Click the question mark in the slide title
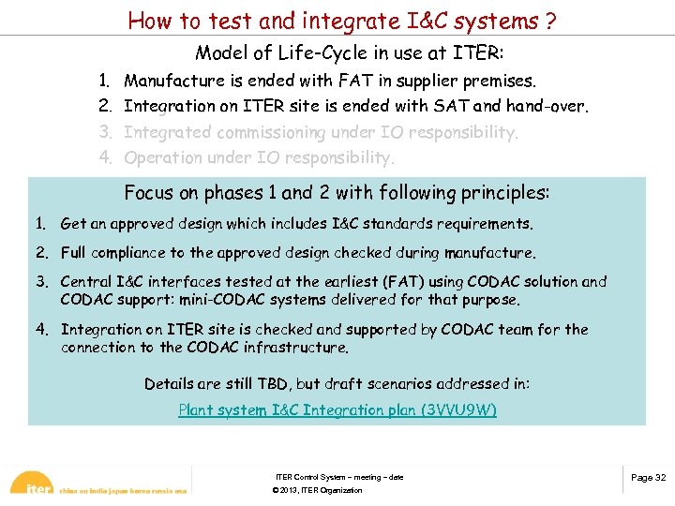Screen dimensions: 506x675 coord(543,20)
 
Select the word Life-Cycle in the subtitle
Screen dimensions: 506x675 coord(327,53)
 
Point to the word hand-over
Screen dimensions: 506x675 coord(547,106)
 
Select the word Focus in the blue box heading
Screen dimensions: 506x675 coord(148,193)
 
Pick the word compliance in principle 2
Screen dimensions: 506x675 coord(127,253)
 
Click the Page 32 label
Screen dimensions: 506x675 coord(648,478)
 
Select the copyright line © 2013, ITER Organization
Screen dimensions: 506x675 coord(316,491)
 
